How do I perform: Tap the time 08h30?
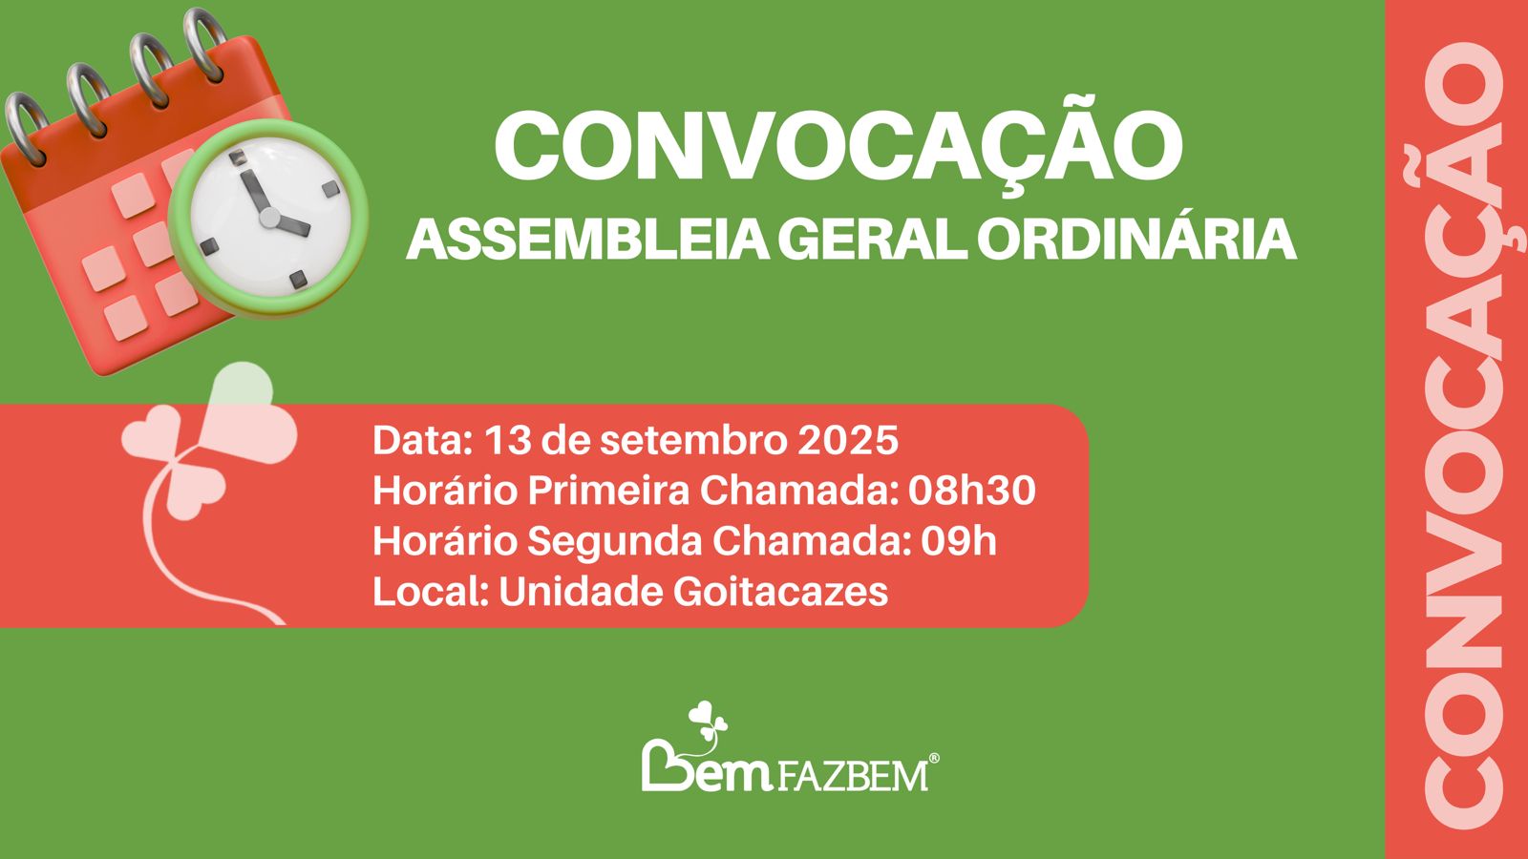(972, 491)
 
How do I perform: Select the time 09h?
(959, 541)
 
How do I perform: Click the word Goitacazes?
(780, 592)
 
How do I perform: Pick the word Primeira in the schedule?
(608, 491)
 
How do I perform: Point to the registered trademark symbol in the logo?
(934, 759)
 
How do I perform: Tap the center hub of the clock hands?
(269, 219)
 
